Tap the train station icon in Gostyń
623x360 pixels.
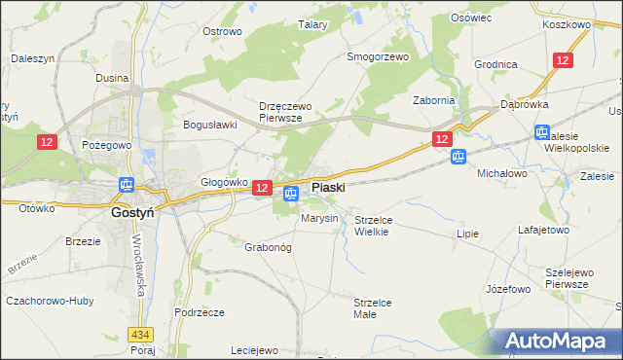pos(127,185)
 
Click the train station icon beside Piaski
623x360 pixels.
pos(290,195)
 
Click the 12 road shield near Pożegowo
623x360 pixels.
pos(48,142)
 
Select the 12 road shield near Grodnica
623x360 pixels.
pos(563,60)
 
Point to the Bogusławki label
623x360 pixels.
pos(211,125)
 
